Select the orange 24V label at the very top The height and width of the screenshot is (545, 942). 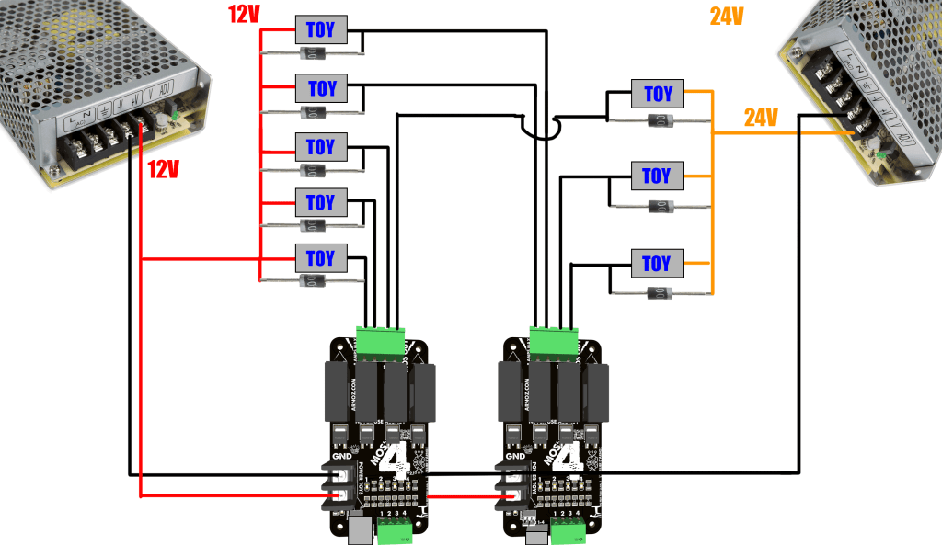[726, 17]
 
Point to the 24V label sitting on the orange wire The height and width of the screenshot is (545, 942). [761, 118]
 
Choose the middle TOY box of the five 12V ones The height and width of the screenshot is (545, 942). [321, 147]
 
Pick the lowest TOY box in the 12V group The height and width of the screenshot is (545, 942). [321, 257]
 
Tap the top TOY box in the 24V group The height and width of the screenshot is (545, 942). [657, 94]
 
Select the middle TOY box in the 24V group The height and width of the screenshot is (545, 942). [657, 175]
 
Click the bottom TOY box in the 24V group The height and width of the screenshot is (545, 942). [657, 264]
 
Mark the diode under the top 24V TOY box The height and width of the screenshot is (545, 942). [657, 120]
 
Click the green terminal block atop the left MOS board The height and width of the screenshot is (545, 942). [381, 341]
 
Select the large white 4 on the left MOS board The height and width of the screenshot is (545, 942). [396, 460]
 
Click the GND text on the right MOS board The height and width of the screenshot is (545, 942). [515, 456]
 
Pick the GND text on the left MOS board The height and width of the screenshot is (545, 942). [341, 456]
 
